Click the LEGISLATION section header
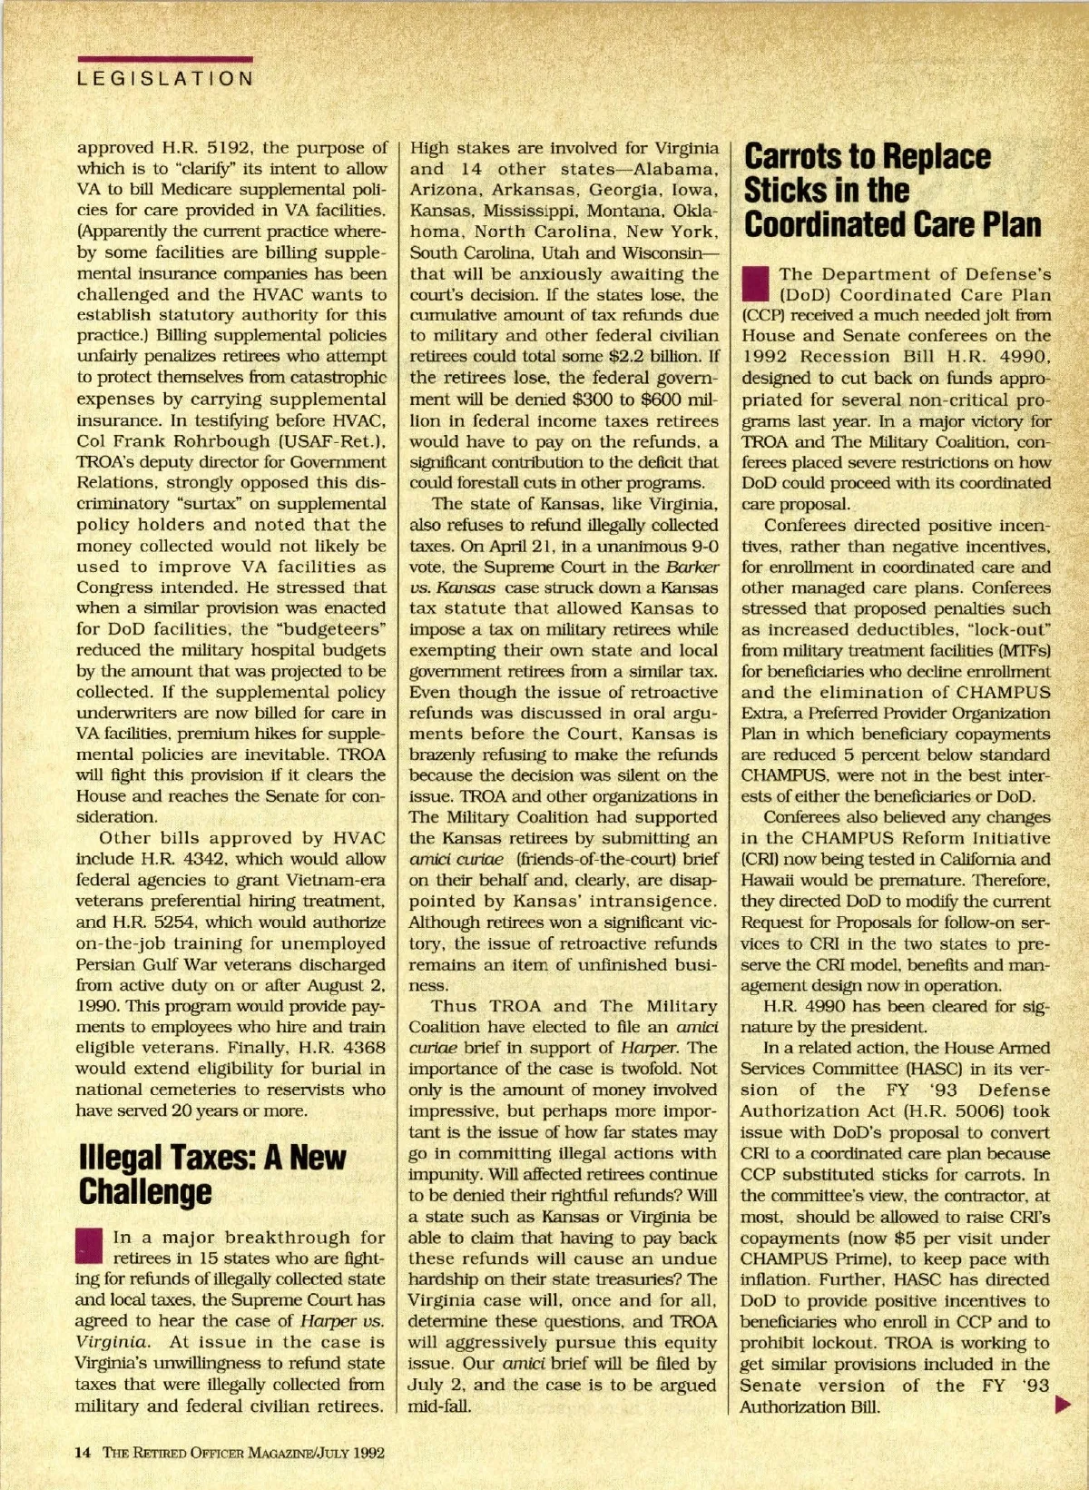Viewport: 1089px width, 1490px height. (164, 78)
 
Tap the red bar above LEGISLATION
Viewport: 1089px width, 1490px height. (164, 59)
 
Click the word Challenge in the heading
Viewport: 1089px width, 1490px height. (145, 1190)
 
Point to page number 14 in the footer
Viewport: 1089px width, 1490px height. (83, 1452)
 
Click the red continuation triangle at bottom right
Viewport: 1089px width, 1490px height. (1063, 1406)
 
